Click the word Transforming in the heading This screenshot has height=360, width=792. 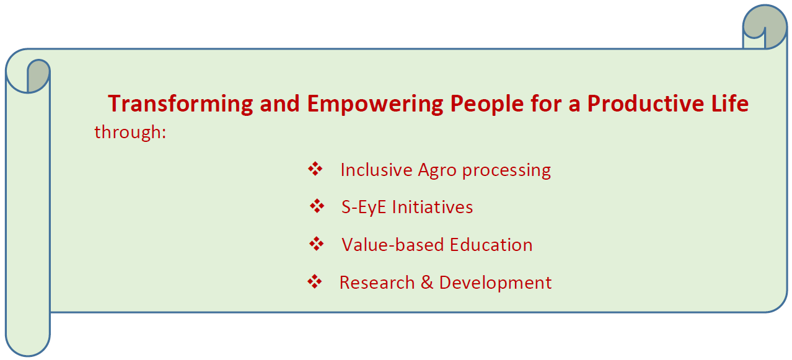coord(180,104)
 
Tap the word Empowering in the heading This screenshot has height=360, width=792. coord(375,104)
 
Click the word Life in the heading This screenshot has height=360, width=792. coord(730,103)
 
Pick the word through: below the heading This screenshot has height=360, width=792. coord(130,133)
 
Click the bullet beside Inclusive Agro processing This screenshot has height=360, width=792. coord(315,169)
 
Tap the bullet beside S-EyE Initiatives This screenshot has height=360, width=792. coord(317,206)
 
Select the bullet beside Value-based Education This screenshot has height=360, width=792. coord(317,244)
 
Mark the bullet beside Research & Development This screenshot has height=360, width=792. coord(315,282)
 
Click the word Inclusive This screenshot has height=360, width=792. coord(376,170)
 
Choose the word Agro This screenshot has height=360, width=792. coord(438,171)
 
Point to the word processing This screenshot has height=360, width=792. coord(507,171)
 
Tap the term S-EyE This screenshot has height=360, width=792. coord(364,207)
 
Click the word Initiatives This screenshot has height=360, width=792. coord(433,207)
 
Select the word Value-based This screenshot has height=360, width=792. coord(393,245)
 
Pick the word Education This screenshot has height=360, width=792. coord(491,245)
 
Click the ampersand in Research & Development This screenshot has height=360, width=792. coord(427,283)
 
